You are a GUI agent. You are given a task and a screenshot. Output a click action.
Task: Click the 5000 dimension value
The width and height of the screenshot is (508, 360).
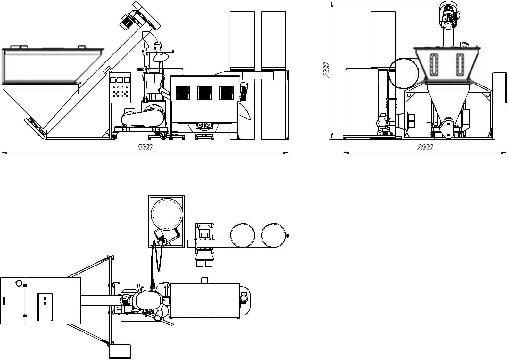(145, 148)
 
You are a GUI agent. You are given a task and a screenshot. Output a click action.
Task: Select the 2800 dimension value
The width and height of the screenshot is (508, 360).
(425, 147)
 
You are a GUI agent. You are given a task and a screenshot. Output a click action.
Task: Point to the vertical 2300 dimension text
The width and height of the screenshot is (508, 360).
(326, 70)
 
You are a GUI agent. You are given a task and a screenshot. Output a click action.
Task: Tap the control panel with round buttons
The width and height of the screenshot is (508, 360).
(120, 87)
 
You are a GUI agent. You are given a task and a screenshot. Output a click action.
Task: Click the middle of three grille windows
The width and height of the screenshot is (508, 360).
(204, 93)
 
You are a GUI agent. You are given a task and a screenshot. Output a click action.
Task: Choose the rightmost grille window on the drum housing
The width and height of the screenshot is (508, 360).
(226, 93)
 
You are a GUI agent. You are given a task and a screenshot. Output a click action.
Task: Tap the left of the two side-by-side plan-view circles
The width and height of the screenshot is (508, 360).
(243, 235)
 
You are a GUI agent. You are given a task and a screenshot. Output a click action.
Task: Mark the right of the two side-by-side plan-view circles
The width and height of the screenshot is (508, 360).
(273, 235)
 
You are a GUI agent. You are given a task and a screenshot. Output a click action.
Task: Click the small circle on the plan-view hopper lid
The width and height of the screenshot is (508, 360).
(19, 283)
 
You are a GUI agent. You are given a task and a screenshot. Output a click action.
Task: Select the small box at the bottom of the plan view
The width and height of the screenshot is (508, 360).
(120, 351)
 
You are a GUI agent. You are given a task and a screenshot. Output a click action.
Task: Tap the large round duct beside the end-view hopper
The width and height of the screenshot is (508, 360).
(404, 73)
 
